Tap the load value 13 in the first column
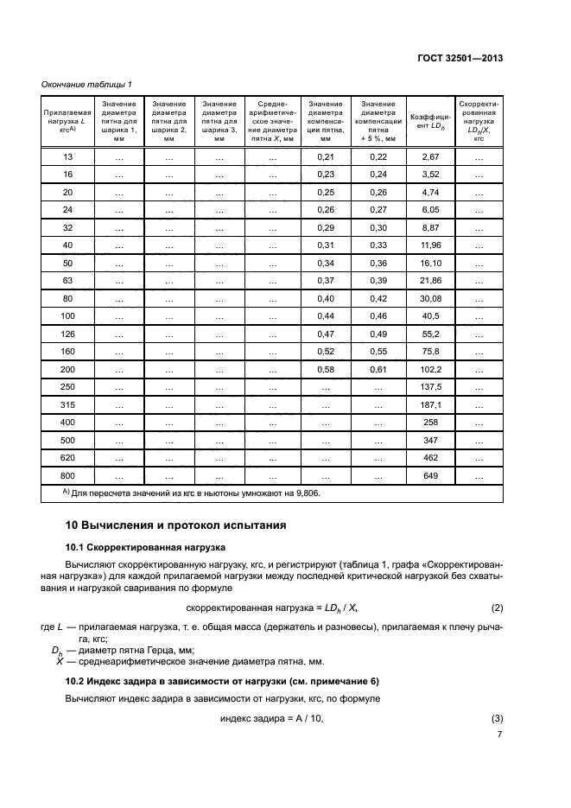[67, 156]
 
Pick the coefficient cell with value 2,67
[429, 156]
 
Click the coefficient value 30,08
[429, 298]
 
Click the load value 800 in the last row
[67, 474]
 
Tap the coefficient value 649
[429, 474]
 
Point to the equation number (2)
[496, 608]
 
